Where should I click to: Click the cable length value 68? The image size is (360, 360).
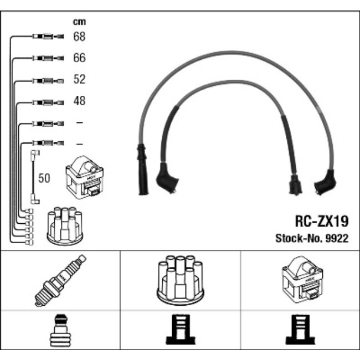coord(79,37)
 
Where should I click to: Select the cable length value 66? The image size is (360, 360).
coord(79,58)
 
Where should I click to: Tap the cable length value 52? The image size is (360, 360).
coord(79,79)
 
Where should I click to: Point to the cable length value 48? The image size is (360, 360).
coord(79,101)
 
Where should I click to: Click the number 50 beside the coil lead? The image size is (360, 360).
coord(44,178)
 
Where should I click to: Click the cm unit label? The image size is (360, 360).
coord(79,22)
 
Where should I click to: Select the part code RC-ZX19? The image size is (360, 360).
coord(322,221)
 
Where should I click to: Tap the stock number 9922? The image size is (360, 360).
coord(337,238)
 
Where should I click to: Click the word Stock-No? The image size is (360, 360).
coord(299,238)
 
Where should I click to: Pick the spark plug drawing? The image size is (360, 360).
coord(60,280)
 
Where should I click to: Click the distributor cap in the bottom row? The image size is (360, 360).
coord(180,280)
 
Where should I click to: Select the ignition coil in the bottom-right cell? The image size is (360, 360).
coord(302,280)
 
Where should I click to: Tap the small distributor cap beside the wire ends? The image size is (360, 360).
coord(65,226)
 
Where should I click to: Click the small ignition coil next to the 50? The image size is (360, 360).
coord(85,177)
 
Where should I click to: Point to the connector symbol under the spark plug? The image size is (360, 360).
coord(60,331)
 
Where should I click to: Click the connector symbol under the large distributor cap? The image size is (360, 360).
coord(181,330)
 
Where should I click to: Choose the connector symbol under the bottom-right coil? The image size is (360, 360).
coord(300,330)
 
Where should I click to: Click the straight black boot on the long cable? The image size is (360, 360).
coord(142,169)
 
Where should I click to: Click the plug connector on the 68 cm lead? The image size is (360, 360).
coord(48,36)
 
